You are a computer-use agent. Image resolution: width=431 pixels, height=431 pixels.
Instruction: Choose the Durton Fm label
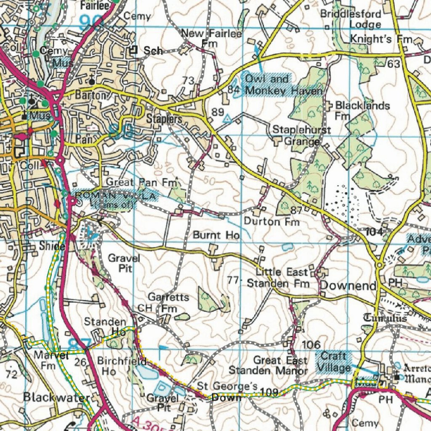271,221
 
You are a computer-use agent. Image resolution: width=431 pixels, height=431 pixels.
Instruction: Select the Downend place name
348,286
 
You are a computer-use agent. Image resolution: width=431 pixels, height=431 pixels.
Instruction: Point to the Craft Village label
335,362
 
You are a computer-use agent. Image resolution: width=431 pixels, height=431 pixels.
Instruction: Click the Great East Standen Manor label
268,365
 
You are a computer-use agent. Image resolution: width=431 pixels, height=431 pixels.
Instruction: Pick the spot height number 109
269,392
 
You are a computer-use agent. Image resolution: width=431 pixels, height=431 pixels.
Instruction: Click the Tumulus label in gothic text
384,319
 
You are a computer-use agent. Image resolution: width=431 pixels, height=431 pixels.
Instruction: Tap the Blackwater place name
56,397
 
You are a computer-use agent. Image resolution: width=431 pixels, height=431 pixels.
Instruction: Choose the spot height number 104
374,231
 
